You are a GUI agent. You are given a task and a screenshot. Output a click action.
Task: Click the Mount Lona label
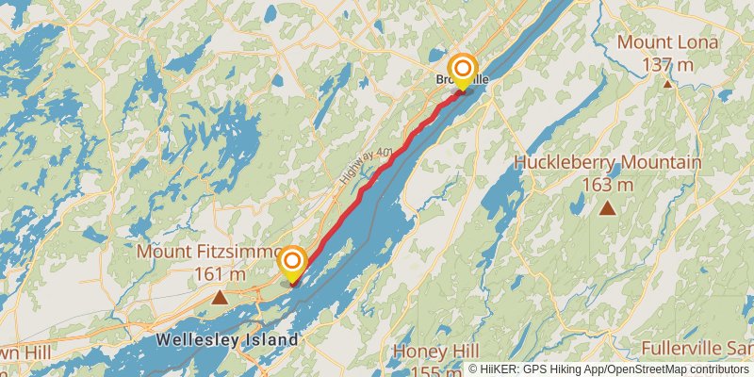pyautogui.click(x=667, y=42)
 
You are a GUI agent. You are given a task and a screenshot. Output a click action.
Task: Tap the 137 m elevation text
pyautogui.click(x=667, y=64)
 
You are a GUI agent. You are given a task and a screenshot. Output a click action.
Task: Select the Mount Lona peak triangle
pyautogui.click(x=667, y=84)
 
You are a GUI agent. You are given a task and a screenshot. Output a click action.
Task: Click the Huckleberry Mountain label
pyautogui.click(x=607, y=163)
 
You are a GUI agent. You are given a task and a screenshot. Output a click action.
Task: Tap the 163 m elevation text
pyautogui.click(x=607, y=185)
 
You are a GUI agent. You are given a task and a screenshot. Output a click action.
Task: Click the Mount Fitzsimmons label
pyautogui.click(x=209, y=253)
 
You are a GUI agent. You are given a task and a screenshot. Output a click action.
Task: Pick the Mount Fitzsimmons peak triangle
pyautogui.click(x=220, y=298)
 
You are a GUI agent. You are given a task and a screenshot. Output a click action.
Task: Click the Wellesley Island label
pyautogui.click(x=227, y=339)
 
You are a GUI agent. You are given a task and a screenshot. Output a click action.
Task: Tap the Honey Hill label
pyautogui.click(x=435, y=351)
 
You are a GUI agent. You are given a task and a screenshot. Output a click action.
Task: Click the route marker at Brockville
pyautogui.click(x=463, y=70)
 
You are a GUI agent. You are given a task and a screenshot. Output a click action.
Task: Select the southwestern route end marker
pyautogui.click(x=292, y=261)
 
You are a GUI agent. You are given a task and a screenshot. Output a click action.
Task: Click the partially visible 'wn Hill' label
pyautogui.click(x=13, y=350)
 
